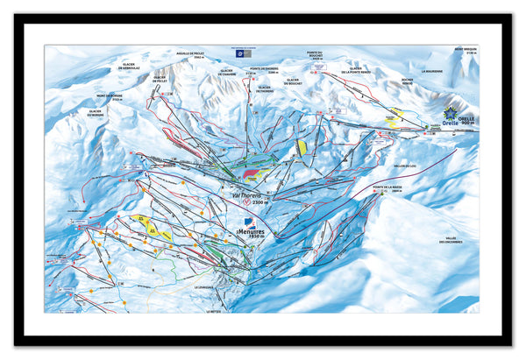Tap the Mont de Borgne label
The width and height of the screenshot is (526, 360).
pos(118,97)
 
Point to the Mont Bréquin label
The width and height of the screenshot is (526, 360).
pos(466,51)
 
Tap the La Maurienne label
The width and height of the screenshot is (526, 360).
pos(433,72)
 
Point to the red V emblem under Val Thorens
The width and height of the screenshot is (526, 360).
pos(247,202)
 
